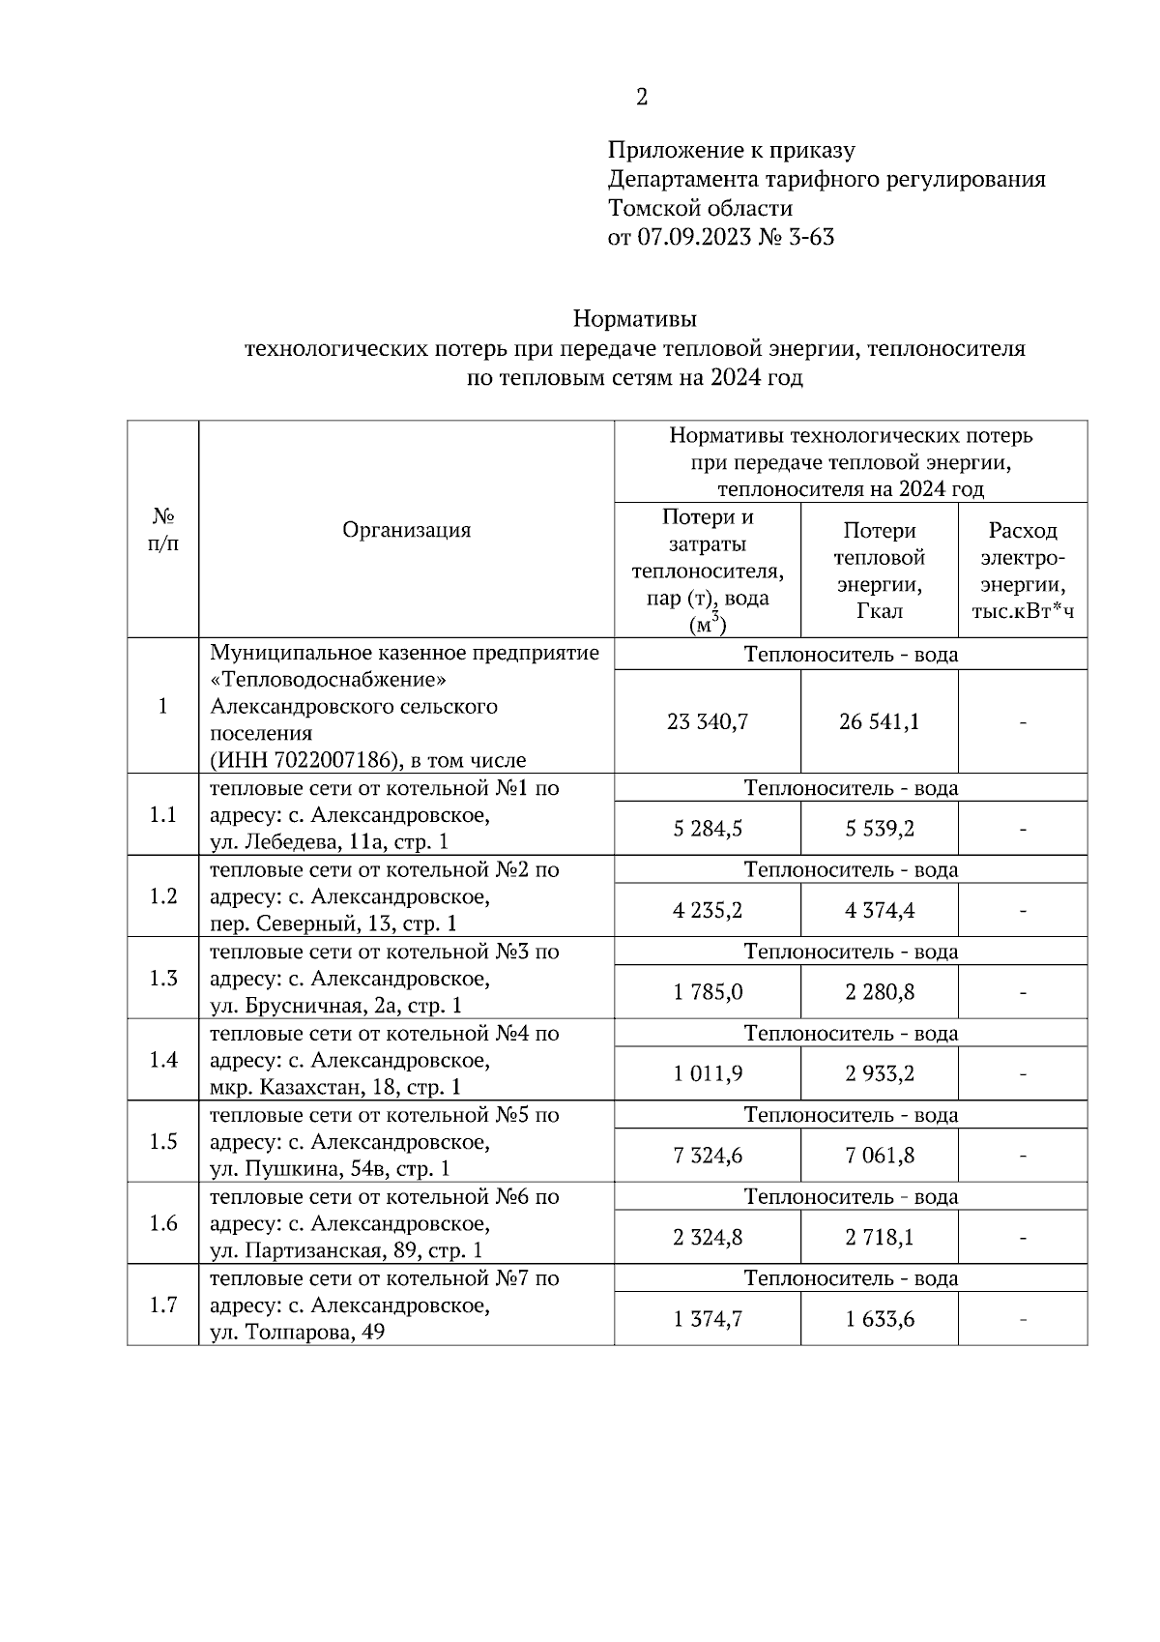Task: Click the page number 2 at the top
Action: [x=642, y=97]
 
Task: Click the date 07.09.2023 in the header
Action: [x=694, y=238]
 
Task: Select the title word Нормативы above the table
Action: [x=634, y=318]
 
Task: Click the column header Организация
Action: [x=406, y=530]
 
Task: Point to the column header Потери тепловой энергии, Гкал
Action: [x=879, y=571]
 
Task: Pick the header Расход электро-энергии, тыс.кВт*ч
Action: [x=1023, y=571]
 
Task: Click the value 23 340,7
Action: [x=708, y=722]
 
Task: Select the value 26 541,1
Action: [x=880, y=722]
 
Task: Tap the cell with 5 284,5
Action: [x=708, y=829]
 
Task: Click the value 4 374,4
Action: [x=880, y=911]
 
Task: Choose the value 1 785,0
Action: [x=708, y=992]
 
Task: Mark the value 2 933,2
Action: [x=880, y=1074]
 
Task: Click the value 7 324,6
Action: [x=708, y=1156]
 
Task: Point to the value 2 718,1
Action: [x=880, y=1238]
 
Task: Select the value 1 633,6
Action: [x=880, y=1319]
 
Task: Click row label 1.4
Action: [x=163, y=1060]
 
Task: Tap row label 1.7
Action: [x=163, y=1305]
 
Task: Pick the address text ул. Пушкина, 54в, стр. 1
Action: [x=330, y=1169]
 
